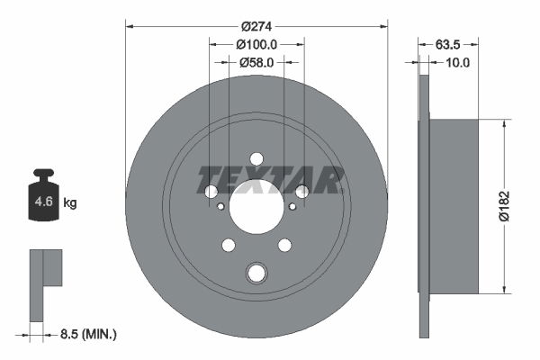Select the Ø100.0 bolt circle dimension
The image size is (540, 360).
[256, 44]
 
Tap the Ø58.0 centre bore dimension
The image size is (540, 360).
[256, 62]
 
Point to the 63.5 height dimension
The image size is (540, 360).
[448, 44]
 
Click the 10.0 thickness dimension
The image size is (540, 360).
[458, 62]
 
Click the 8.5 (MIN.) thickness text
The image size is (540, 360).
[86, 334]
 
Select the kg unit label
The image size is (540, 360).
[70, 203]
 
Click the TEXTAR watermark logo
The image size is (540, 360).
[271, 180]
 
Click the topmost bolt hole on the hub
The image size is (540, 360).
[256, 157]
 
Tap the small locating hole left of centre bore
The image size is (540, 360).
[221, 206]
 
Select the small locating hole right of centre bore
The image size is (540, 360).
[292, 206]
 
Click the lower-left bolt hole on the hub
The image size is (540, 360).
[228, 245]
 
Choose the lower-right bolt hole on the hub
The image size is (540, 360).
[284, 245]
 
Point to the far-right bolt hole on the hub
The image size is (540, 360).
[302, 191]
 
